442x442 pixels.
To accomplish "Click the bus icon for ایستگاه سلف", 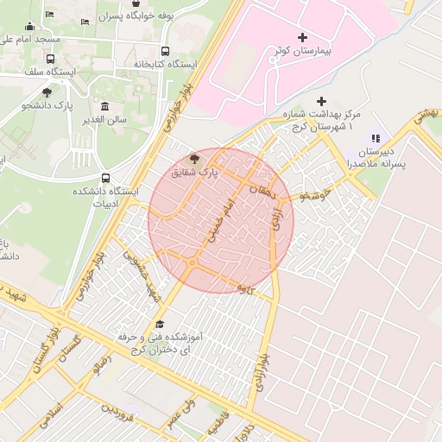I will (x=50, y=60).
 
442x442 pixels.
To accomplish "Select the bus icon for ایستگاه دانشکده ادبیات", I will (x=105, y=177).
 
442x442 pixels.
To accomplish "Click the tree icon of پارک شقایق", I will (x=194, y=159).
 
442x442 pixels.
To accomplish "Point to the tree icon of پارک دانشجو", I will (x=47, y=92).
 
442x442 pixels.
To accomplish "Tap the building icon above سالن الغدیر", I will (x=104, y=106).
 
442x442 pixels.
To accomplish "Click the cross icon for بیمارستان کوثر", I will (x=301, y=37).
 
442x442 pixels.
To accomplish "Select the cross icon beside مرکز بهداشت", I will (x=322, y=100).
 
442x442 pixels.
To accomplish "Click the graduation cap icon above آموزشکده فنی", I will (x=160, y=324).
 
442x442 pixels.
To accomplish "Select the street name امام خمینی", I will (x=218, y=224).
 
